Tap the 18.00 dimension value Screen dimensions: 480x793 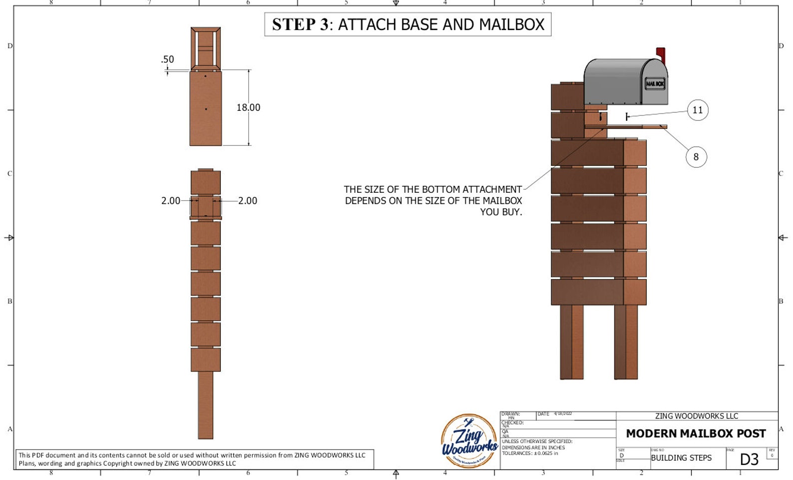coord(248,107)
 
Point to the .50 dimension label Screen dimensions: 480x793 coord(168,59)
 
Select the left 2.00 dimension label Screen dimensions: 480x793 coord(171,201)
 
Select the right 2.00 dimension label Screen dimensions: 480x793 coord(248,201)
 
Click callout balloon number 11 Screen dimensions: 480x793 coord(697,110)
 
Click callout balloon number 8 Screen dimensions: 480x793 coord(696,157)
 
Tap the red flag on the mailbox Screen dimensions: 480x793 coord(661,54)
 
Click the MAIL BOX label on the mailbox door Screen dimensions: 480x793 coord(655,83)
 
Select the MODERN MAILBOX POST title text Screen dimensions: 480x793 coord(696,434)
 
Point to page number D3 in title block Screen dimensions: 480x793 coord(749,460)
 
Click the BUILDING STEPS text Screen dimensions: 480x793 coord(681,458)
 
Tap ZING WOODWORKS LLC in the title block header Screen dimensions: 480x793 coord(696,416)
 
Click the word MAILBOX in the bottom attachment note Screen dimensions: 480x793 coord(502,201)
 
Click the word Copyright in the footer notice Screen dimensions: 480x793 coord(118,464)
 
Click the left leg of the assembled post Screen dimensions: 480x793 coord(572,342)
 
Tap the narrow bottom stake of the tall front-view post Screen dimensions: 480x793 coord(205,405)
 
